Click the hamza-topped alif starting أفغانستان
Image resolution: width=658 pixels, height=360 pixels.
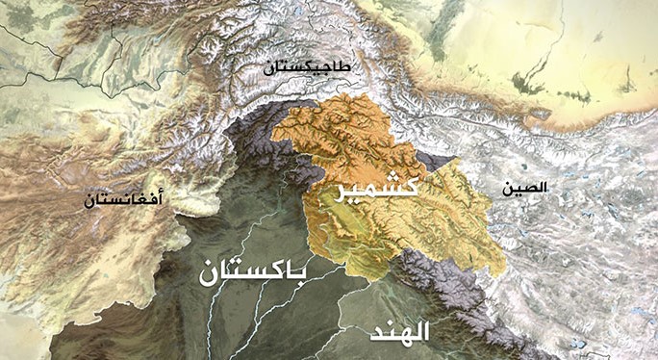[x=159, y=197]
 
